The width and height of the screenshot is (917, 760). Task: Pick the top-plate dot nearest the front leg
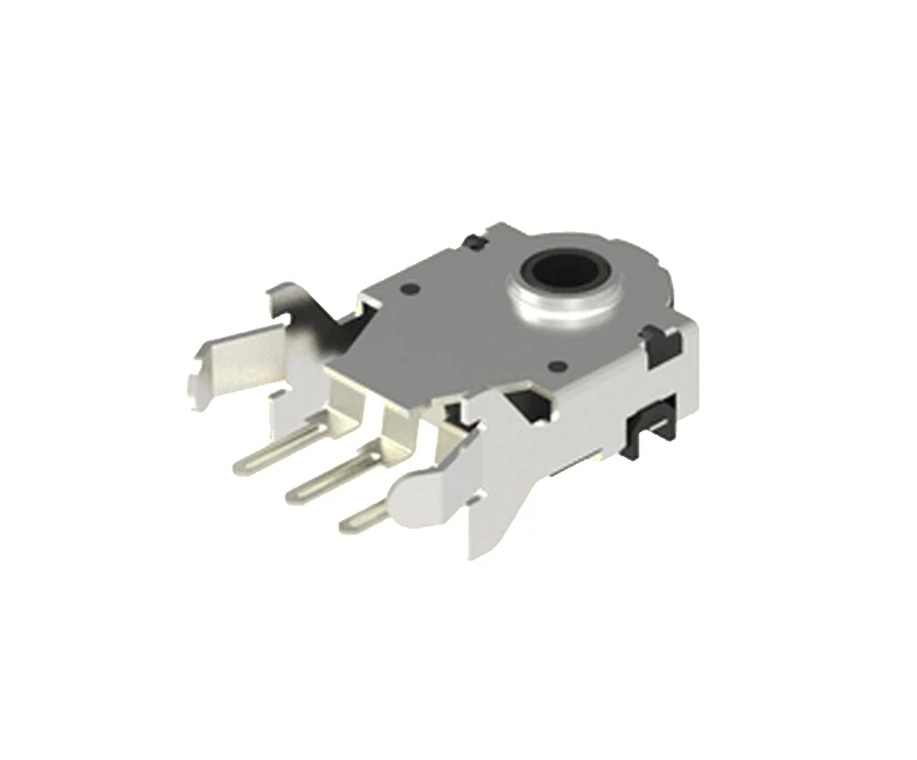(556, 364)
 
